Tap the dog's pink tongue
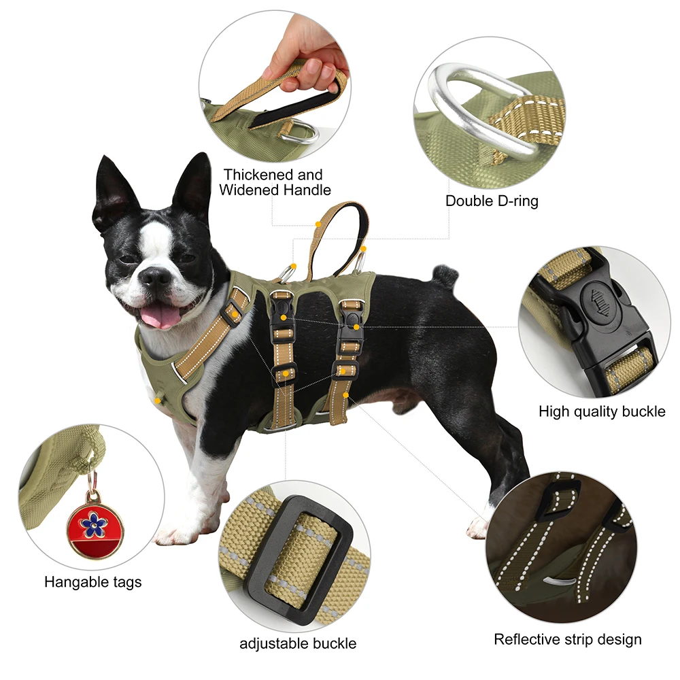point(160,315)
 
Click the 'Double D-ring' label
point(492,201)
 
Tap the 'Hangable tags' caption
point(93,582)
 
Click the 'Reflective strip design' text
point(568,639)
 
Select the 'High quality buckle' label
point(602,411)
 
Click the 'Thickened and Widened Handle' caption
point(275,182)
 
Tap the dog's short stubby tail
point(445,275)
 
